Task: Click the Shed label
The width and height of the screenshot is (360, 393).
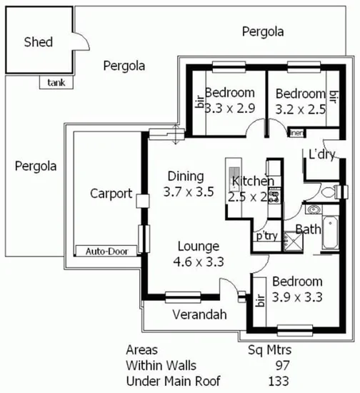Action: click(x=38, y=42)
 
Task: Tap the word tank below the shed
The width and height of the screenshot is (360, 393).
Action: click(x=56, y=82)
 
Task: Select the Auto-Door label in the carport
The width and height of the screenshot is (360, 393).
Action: click(x=105, y=252)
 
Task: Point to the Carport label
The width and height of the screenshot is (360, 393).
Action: click(x=111, y=193)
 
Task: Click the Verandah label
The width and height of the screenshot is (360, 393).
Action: click(x=199, y=314)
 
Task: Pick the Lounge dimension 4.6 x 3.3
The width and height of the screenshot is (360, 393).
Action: click(x=199, y=261)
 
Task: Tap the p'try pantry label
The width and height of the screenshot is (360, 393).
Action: click(x=266, y=236)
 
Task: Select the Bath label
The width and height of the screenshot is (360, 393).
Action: click(x=308, y=229)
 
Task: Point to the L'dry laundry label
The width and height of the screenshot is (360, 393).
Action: click(x=323, y=154)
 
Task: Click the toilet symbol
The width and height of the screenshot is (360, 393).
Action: click(x=329, y=191)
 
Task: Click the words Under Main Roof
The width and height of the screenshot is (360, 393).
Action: click(x=173, y=379)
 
